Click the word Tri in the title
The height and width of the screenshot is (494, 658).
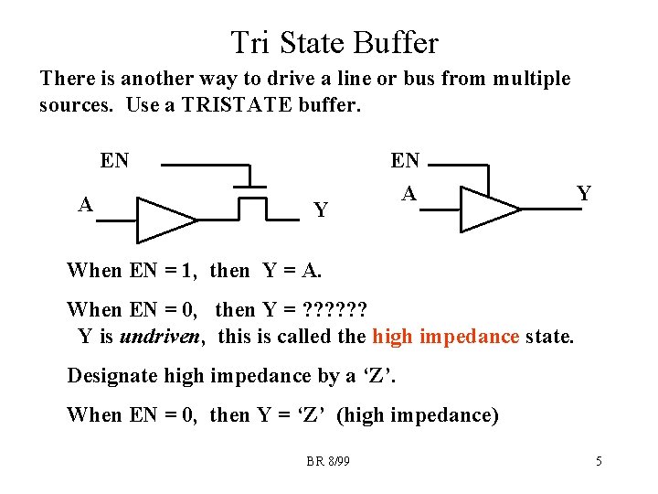[x=249, y=43]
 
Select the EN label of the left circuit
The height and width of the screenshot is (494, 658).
[x=114, y=162]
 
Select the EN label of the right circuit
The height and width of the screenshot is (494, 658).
[x=405, y=161]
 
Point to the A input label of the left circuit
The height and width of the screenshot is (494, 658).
[x=85, y=204]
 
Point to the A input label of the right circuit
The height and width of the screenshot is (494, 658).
[x=409, y=193]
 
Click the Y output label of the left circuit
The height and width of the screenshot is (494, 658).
[x=321, y=210]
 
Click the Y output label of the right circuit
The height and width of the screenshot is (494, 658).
[x=583, y=193]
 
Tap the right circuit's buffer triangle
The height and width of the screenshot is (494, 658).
[x=489, y=209]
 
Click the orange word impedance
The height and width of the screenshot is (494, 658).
[x=469, y=337]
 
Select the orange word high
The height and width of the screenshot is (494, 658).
[x=392, y=337]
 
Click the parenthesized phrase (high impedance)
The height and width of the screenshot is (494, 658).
[x=418, y=415]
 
